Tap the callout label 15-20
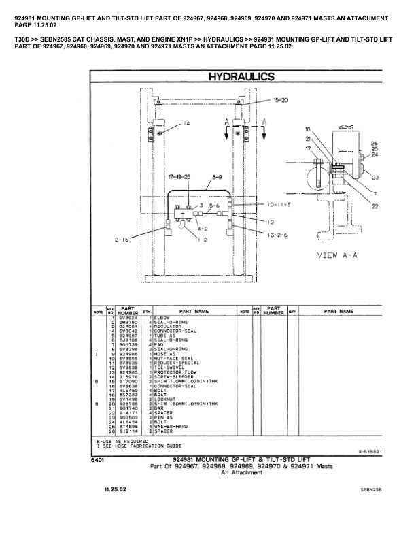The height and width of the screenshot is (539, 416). (280, 100)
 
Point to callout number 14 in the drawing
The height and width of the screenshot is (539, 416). (187, 123)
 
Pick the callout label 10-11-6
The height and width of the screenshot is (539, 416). (279, 204)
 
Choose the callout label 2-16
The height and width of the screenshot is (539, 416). (122, 240)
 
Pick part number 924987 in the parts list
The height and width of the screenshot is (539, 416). (128, 336)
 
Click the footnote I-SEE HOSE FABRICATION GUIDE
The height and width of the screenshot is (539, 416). (138, 445)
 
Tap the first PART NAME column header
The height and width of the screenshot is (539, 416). (192, 311)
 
